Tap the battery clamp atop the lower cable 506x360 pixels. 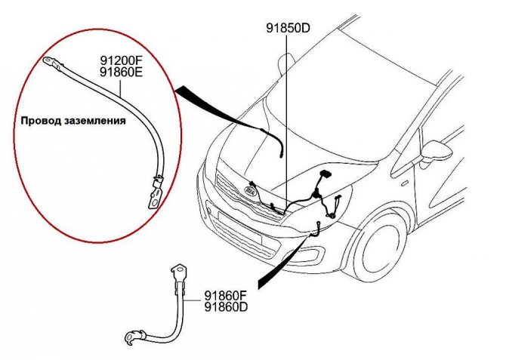[179, 273]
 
